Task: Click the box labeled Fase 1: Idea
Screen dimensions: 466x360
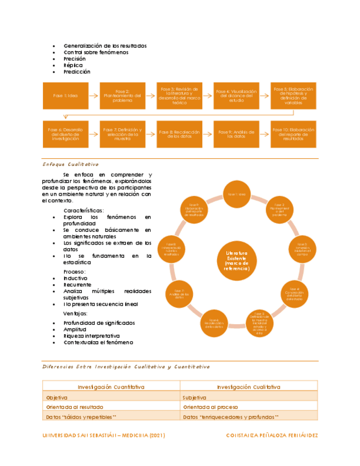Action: point(65,96)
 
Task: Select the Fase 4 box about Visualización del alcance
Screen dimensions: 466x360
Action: point(236,96)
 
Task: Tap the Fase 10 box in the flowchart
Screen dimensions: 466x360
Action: point(293,134)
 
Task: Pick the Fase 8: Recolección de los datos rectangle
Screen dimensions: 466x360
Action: point(179,134)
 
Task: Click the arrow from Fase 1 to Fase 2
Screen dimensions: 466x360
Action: point(93,96)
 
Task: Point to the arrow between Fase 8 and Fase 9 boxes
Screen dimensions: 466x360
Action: point(207,134)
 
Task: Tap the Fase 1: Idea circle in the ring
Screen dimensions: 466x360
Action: point(236,194)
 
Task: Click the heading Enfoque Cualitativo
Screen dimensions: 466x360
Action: point(70,164)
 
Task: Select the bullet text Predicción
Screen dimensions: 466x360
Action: point(77,71)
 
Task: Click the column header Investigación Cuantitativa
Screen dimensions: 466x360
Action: point(111,386)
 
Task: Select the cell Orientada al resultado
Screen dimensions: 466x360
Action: point(73,407)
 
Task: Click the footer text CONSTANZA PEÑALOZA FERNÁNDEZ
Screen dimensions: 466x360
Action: point(272,435)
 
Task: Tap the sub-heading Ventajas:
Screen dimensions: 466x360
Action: point(76,313)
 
